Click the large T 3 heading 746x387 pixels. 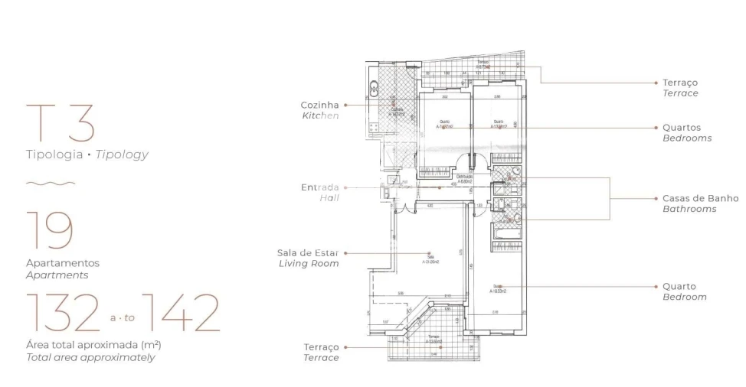point(61,123)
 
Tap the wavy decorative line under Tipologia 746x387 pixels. point(51,184)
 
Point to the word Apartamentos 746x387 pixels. point(63,263)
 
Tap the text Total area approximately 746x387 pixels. point(90,357)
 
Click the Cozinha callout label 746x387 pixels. point(320,105)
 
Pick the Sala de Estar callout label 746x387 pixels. point(308,252)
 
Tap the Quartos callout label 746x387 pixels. point(682,128)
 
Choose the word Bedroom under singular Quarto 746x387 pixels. point(684,297)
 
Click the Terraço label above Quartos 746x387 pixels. point(680,83)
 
